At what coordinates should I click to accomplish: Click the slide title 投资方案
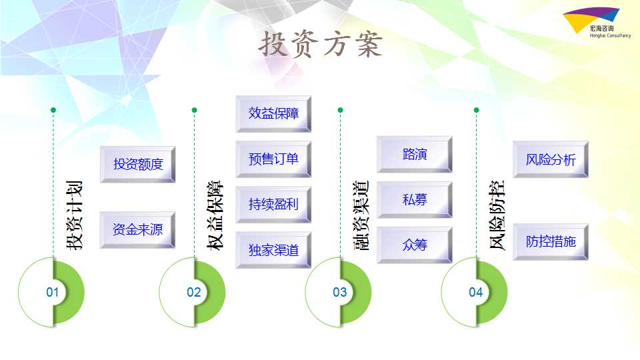pyautogui.click(x=321, y=44)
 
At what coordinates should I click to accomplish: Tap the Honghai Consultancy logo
pyautogui.click(x=596, y=23)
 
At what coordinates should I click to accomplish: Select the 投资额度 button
pyautogui.click(x=138, y=164)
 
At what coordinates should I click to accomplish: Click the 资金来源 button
pyautogui.click(x=138, y=230)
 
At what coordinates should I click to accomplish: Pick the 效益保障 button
pyautogui.click(x=273, y=113)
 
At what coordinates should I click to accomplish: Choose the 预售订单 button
pyautogui.click(x=273, y=159)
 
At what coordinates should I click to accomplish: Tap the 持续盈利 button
pyautogui.click(x=273, y=204)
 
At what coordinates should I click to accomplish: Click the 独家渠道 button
pyautogui.click(x=273, y=250)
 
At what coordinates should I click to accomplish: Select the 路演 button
pyautogui.click(x=415, y=154)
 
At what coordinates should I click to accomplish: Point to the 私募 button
pyautogui.click(x=415, y=199)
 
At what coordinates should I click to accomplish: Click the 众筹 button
pyautogui.click(x=415, y=245)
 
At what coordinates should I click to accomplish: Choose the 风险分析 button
pyautogui.click(x=551, y=159)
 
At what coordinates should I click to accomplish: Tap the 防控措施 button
pyautogui.click(x=551, y=241)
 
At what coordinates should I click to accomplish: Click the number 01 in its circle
pyautogui.click(x=52, y=292)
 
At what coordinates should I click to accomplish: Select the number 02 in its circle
pyautogui.click(x=193, y=292)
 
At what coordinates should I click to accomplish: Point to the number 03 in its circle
pyautogui.click(x=339, y=292)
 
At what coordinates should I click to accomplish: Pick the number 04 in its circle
pyautogui.click(x=475, y=292)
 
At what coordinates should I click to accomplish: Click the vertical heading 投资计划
pyautogui.click(x=75, y=215)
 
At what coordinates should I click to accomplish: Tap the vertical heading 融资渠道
pyautogui.click(x=361, y=215)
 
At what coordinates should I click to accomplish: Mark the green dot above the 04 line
pyautogui.click(x=476, y=110)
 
